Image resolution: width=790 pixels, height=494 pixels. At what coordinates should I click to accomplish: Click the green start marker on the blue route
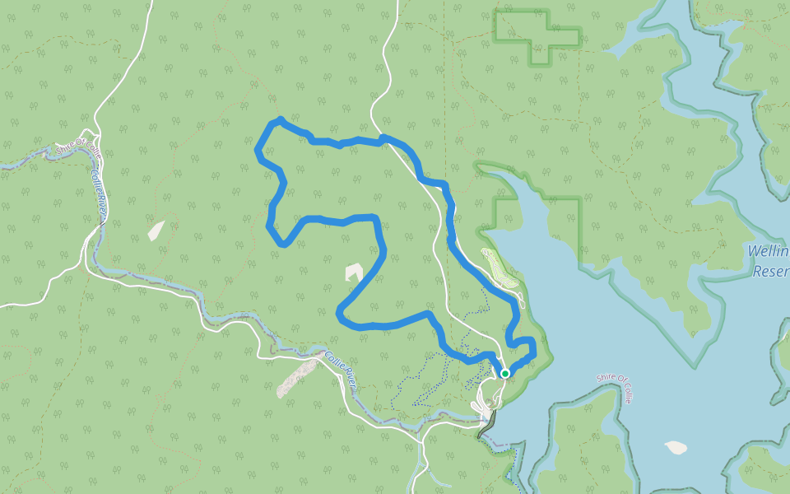504,373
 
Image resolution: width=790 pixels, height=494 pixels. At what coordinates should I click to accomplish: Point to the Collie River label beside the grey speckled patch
340,368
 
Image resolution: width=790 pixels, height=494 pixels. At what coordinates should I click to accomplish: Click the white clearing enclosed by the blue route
354,271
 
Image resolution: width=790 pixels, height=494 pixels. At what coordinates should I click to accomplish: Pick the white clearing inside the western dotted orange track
156,230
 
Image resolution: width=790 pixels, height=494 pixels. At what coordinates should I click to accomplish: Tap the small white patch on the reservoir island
676,447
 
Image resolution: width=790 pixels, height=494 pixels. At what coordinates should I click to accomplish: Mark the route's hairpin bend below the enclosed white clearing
342,312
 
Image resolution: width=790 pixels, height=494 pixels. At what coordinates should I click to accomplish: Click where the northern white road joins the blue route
383,137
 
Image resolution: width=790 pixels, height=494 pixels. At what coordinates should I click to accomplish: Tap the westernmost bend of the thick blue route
258,151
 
